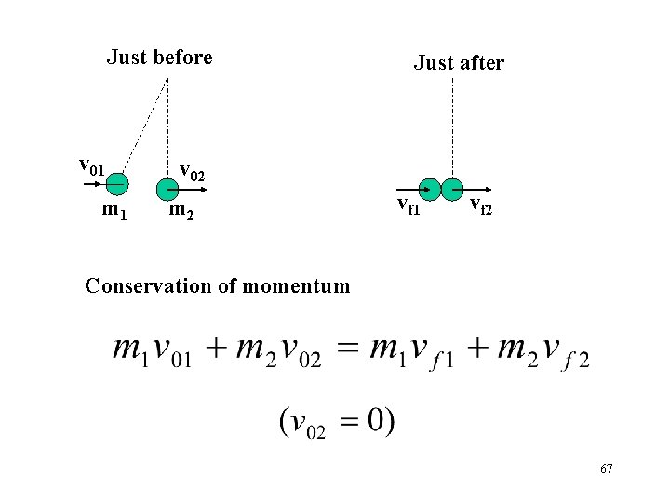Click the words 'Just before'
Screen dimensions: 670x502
click(x=159, y=58)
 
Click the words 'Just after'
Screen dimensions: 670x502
click(x=459, y=63)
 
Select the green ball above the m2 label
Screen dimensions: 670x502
click(x=167, y=190)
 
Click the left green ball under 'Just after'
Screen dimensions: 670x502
click(x=429, y=189)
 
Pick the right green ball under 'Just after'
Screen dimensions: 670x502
click(x=452, y=189)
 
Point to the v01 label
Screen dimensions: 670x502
click(x=90, y=166)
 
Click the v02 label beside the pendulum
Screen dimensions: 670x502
click(x=192, y=172)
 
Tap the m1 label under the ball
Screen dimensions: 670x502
click(x=114, y=211)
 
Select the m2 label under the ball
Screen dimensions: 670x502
click(x=181, y=213)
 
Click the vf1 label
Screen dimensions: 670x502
click(x=409, y=205)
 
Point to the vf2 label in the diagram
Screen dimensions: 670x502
click(x=480, y=205)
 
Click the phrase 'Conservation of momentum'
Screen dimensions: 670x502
click(x=217, y=285)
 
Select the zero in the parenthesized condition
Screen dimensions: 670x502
click(x=374, y=419)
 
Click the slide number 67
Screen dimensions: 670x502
click(x=606, y=469)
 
